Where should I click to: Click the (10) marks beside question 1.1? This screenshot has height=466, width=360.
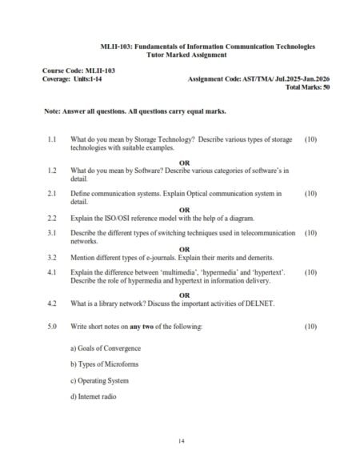pyautogui.click(x=311, y=140)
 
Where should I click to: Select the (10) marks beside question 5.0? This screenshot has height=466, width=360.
pyautogui.click(x=311, y=327)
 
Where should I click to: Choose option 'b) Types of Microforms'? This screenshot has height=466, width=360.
pyautogui.click(x=104, y=365)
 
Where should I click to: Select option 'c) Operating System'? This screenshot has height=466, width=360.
pyautogui.click(x=99, y=381)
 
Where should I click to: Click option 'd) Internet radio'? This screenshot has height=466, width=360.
pyautogui.click(x=94, y=397)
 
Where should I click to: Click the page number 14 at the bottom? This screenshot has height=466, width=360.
pyautogui.click(x=179, y=440)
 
